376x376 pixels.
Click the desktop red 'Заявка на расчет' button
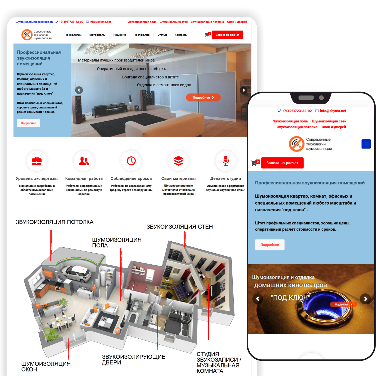pos(228,35)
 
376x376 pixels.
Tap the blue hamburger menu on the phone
pos(366,144)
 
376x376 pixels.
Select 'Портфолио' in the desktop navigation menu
pos(142,35)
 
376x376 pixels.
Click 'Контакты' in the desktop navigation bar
pos(181,35)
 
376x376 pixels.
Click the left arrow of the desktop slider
pos(79,90)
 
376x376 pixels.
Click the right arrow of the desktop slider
pos(244,90)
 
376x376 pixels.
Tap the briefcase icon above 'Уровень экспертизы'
pos(37,161)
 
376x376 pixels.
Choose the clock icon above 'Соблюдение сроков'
pos(131,161)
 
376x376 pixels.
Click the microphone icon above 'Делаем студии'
pos(226,161)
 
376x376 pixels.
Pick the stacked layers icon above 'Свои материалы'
pos(178,161)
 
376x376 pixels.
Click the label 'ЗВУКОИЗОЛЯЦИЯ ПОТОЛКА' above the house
pos(55,222)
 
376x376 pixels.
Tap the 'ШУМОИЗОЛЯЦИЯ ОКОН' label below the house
pos(46,366)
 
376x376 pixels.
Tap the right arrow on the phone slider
pos(365,299)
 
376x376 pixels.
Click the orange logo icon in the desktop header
pos(27,35)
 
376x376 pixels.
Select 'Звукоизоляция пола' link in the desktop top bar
pos(142,22)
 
